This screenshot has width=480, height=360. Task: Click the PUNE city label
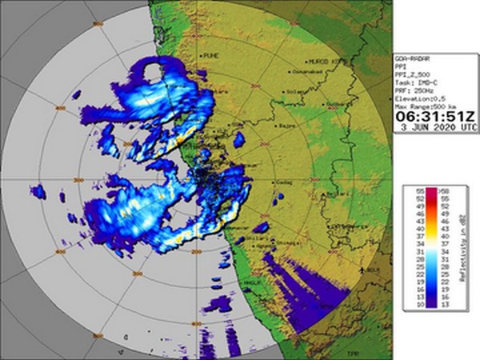[x=212, y=55]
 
